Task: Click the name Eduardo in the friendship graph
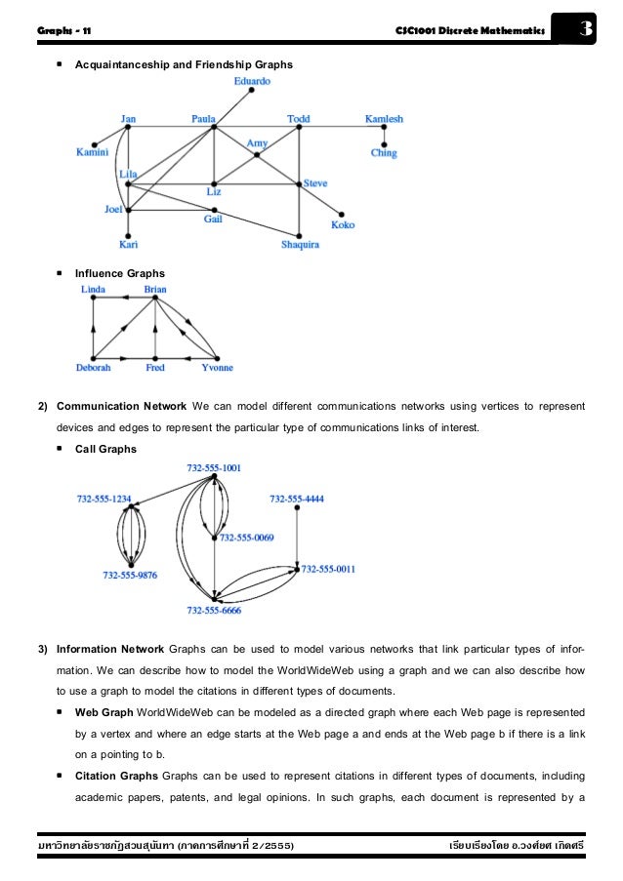point(252,81)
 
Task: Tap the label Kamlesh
point(384,119)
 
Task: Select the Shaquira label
point(301,245)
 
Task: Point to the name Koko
point(343,224)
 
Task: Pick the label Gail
point(213,220)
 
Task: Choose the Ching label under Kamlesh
point(384,153)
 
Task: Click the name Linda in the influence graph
point(94,289)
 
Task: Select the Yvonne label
point(217,368)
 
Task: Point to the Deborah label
point(94,368)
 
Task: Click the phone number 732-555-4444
point(297,499)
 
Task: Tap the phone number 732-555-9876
point(130,575)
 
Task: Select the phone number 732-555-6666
point(214,610)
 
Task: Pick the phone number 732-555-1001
point(214,468)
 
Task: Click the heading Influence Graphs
point(113,273)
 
